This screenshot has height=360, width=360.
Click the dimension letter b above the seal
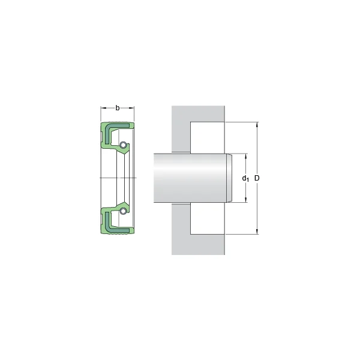pyautogui.click(x=118, y=108)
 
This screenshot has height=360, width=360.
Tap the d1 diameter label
pyautogui.click(x=245, y=178)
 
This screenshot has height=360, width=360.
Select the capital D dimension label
pyautogui.click(x=257, y=178)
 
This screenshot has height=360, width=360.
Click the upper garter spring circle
pyautogui.click(x=122, y=145)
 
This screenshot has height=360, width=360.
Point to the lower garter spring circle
pyautogui.click(x=122, y=211)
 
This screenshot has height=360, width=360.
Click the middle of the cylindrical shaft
pyautogui.click(x=189, y=178)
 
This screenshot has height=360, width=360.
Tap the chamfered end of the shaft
pyautogui.click(x=229, y=178)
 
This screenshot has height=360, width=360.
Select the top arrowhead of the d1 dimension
pyautogui.click(x=245, y=156)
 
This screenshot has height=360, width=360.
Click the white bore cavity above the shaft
pyautogui.click(x=208, y=138)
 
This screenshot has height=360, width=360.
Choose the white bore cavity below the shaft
pyautogui.click(x=208, y=218)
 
